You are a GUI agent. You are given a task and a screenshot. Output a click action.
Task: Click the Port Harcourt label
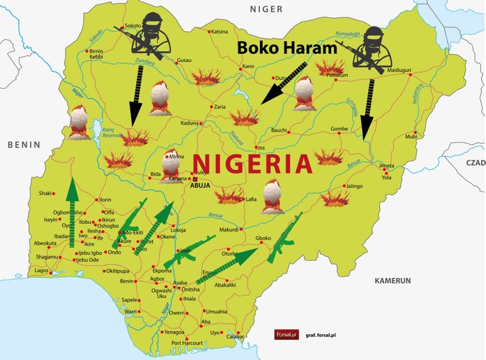pos(187,343)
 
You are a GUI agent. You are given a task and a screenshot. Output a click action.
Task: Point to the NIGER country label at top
pos(262,9)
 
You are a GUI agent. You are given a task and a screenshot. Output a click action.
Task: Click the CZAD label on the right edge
pos(474,163)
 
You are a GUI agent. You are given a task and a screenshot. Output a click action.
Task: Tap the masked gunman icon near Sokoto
pos(150,33)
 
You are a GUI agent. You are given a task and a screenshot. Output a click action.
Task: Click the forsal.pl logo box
pos(286,335)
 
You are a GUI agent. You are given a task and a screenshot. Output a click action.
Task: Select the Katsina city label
pos(219,32)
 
